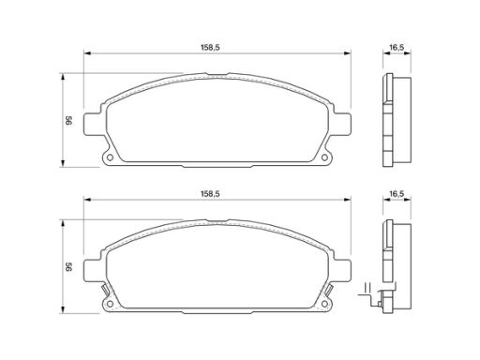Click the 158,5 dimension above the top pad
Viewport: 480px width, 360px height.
[x=210, y=48]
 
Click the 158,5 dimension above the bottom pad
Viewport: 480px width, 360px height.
[x=210, y=194]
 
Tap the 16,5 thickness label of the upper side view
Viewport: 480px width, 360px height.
[x=397, y=48]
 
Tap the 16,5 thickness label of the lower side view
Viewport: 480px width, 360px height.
[x=397, y=194]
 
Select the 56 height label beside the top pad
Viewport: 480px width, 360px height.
[x=68, y=120]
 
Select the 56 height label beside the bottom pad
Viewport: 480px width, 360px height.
[x=68, y=266]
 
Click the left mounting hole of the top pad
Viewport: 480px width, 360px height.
[x=110, y=157]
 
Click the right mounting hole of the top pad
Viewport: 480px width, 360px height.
[x=324, y=157]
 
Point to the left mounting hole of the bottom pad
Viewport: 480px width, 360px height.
[x=110, y=304]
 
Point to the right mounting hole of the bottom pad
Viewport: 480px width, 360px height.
[x=324, y=304]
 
